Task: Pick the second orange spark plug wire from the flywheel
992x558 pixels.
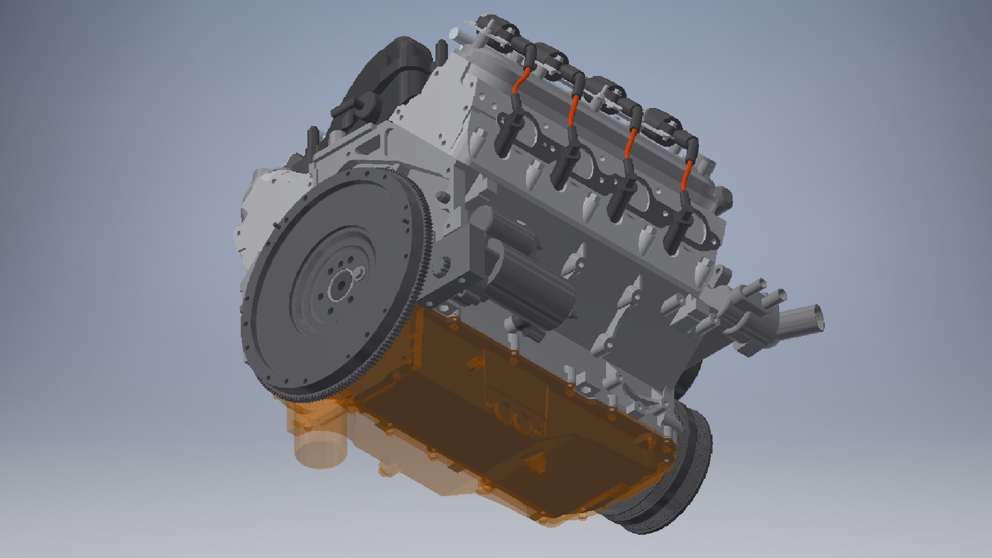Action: click(x=573, y=111)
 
